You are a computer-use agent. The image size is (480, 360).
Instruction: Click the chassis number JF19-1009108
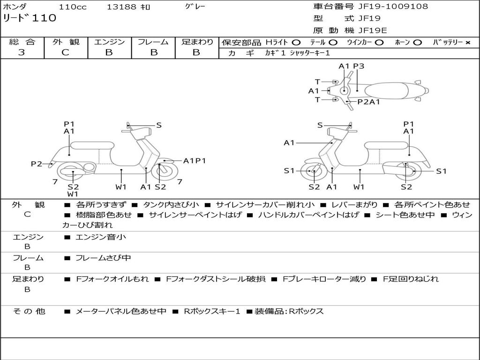click(393, 6)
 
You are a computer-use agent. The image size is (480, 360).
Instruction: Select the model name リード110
click(30, 18)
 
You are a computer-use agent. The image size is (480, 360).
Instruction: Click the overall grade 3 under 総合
click(22, 52)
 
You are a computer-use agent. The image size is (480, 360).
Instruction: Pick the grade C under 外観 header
click(65, 52)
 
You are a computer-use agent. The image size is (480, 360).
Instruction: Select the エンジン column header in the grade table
click(109, 42)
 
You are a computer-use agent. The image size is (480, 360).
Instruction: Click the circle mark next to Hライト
click(296, 43)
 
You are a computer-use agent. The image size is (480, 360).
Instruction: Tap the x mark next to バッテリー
click(468, 43)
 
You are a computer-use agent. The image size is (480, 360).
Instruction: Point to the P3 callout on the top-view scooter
click(359, 66)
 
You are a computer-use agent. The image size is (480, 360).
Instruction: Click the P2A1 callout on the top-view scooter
click(368, 102)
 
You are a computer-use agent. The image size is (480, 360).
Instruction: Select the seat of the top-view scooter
click(386, 91)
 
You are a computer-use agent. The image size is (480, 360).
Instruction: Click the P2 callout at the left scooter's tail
click(37, 164)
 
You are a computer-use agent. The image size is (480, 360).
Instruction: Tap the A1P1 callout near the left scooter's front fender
click(195, 161)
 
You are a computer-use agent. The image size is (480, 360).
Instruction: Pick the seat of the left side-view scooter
click(92, 145)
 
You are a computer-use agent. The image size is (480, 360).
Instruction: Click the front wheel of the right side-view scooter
click(313, 171)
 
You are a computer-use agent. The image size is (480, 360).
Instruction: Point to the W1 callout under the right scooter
click(359, 187)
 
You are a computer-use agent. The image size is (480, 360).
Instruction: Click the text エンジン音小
click(101, 237)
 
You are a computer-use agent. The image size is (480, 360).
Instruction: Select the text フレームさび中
click(103, 258)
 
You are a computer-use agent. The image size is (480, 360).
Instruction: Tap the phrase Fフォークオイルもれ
click(112, 279)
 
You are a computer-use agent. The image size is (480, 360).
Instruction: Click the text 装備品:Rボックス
click(289, 311)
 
